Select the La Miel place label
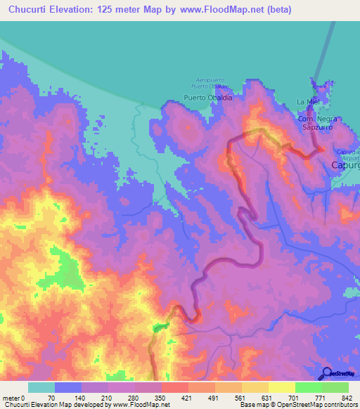(x=309, y=103)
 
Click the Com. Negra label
(x=314, y=120)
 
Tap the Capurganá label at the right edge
(x=345, y=165)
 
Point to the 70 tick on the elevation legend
(x=51, y=398)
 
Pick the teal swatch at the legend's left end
(x=41, y=387)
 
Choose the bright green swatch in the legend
(x=309, y=387)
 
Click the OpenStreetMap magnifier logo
(x=326, y=373)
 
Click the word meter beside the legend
(x=12, y=398)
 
